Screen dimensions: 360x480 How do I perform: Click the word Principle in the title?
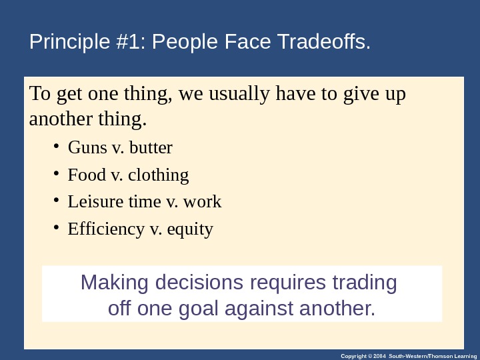[63, 43]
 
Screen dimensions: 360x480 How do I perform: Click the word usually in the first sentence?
[235, 95]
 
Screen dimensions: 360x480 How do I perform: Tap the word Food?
[87, 175]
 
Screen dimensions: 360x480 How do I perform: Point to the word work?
[203, 202]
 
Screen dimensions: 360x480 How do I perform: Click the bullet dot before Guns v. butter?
[57, 146]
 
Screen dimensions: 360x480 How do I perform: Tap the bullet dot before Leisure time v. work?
[57, 201]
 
